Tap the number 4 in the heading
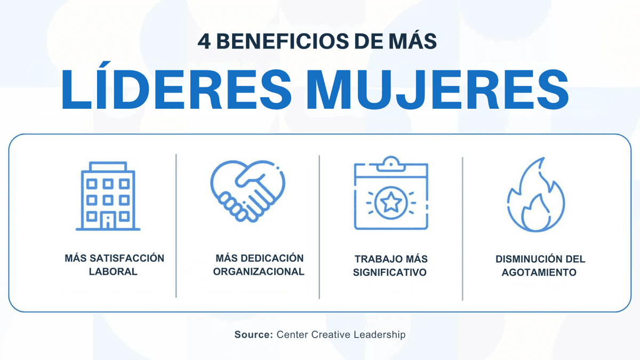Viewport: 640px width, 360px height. pos(204,42)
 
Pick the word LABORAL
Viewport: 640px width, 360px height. pos(114,271)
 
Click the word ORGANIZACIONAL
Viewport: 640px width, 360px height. pos(259,271)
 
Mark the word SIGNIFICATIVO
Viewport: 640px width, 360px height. pos(390,273)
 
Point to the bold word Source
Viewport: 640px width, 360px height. pos(253,335)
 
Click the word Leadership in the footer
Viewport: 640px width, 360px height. pos(380,335)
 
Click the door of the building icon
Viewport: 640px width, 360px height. pos(109,222)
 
